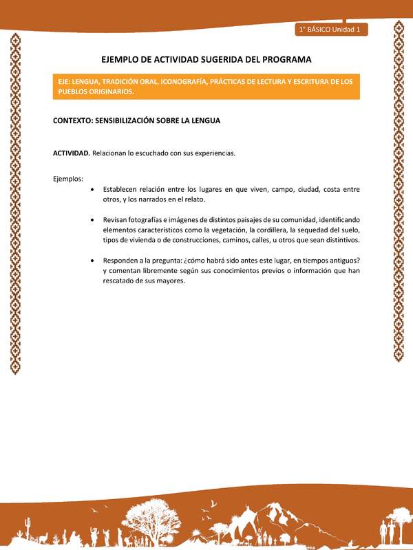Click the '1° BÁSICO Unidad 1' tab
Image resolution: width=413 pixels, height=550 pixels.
(x=331, y=30)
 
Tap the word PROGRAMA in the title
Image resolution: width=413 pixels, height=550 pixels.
(x=285, y=60)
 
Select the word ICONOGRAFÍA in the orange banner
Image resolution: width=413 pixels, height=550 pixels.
(x=191, y=81)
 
